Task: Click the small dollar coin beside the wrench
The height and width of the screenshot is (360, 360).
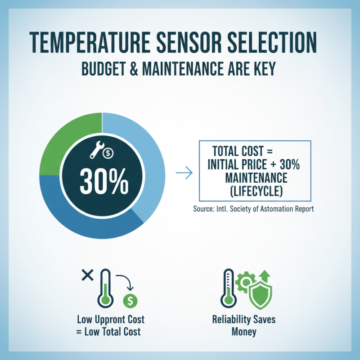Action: (x=108, y=153)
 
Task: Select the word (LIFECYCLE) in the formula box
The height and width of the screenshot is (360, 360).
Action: (x=255, y=191)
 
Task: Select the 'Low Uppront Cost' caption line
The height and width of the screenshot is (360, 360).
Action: (x=111, y=320)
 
